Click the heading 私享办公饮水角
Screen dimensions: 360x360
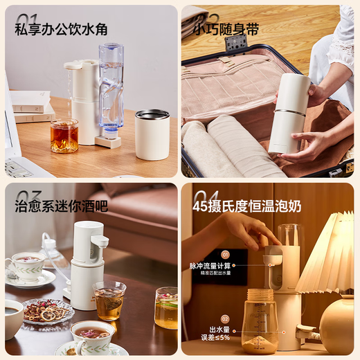(x=61, y=30)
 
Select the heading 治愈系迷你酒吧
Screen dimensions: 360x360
(x=61, y=206)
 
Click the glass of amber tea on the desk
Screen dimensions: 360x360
(x=64, y=136)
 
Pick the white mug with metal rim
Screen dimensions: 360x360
(x=152, y=134)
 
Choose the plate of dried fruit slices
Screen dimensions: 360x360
(x=48, y=312)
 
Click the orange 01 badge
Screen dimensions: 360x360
(x=225, y=255)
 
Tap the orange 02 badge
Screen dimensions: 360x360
(x=225, y=319)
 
